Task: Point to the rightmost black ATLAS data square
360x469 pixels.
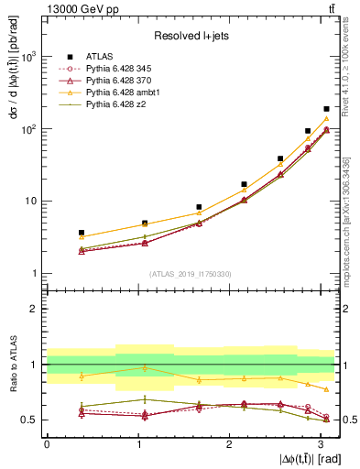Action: point(326,109)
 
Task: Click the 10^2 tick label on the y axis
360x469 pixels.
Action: point(29,129)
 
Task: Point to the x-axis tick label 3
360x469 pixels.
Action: point(321,443)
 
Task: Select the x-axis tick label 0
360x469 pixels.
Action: point(47,443)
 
